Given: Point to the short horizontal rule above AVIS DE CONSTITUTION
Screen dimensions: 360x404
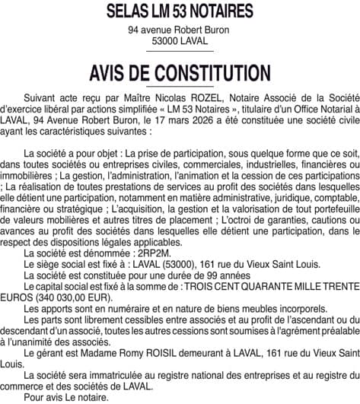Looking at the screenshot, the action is pyautogui.click(x=180, y=52).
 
